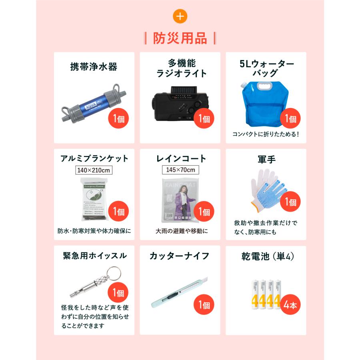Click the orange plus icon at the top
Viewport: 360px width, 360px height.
180,16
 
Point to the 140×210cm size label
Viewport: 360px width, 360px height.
94,170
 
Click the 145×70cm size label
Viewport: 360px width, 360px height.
180,170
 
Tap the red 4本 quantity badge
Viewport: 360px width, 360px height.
290,306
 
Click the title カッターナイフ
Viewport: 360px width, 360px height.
180,256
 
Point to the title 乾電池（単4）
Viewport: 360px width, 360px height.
266,256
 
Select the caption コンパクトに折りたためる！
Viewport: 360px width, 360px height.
266,134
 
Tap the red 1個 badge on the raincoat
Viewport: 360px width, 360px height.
204,212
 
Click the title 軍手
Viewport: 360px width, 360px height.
266,159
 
